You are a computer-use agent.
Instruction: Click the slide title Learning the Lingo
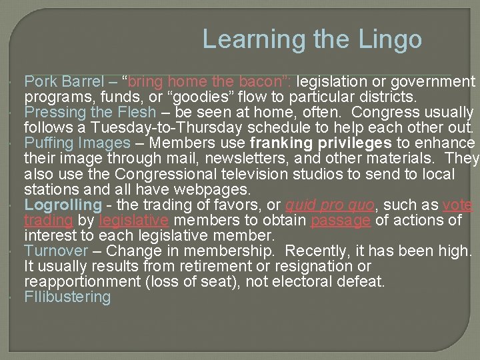pyautogui.click(x=312, y=39)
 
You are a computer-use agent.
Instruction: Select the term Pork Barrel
pyautogui.click(x=64, y=82)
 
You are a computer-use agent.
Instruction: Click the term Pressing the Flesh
pyautogui.click(x=90, y=113)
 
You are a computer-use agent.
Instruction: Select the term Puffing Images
pyautogui.click(x=77, y=143)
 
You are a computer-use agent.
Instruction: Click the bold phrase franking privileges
pyautogui.click(x=320, y=143)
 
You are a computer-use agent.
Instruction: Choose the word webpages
pyautogui.click(x=213, y=189)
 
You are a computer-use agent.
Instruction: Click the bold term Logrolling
pyautogui.click(x=63, y=205)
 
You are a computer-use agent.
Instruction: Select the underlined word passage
pyautogui.click(x=340, y=220)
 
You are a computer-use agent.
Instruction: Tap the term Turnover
pyautogui.click(x=56, y=251)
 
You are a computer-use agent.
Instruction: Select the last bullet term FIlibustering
pyautogui.click(x=67, y=297)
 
